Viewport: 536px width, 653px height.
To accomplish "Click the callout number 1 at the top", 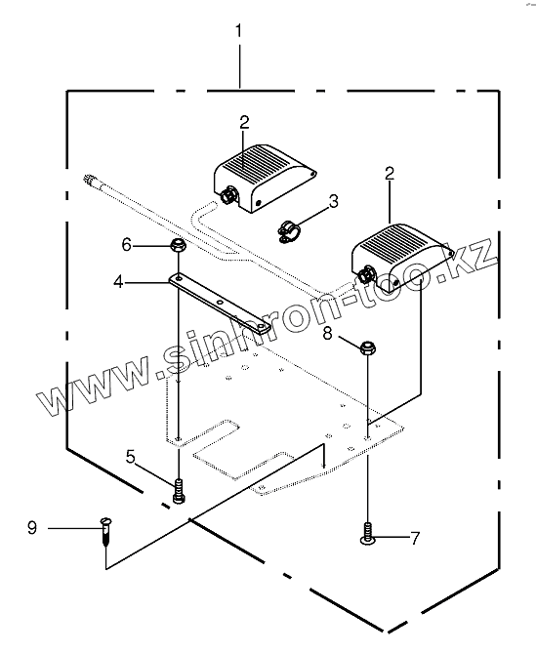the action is click(x=238, y=31).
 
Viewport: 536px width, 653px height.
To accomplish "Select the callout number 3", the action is click(x=333, y=202).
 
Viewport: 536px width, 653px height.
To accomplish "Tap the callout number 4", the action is click(x=119, y=283).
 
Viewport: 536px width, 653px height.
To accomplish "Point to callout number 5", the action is click(x=131, y=457).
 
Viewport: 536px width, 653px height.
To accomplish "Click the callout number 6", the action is click(x=127, y=245).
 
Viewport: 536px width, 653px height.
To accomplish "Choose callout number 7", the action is click(x=415, y=539).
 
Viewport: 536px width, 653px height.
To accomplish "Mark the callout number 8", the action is click(x=327, y=333).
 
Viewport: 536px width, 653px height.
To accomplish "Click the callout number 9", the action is click(x=32, y=528).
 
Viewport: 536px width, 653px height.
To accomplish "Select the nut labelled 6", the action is click(x=179, y=244).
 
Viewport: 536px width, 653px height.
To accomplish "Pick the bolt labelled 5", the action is click(x=179, y=491).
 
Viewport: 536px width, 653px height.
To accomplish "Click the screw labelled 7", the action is click(x=368, y=534).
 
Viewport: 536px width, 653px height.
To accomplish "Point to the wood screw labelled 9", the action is click(x=106, y=531).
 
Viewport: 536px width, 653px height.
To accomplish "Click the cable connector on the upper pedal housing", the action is click(x=228, y=195).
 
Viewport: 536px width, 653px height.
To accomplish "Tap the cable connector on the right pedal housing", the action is click(x=366, y=275).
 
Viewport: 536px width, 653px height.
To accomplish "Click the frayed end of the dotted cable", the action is click(x=89, y=180).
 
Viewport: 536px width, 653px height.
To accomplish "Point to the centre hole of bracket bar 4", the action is click(x=221, y=301).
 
